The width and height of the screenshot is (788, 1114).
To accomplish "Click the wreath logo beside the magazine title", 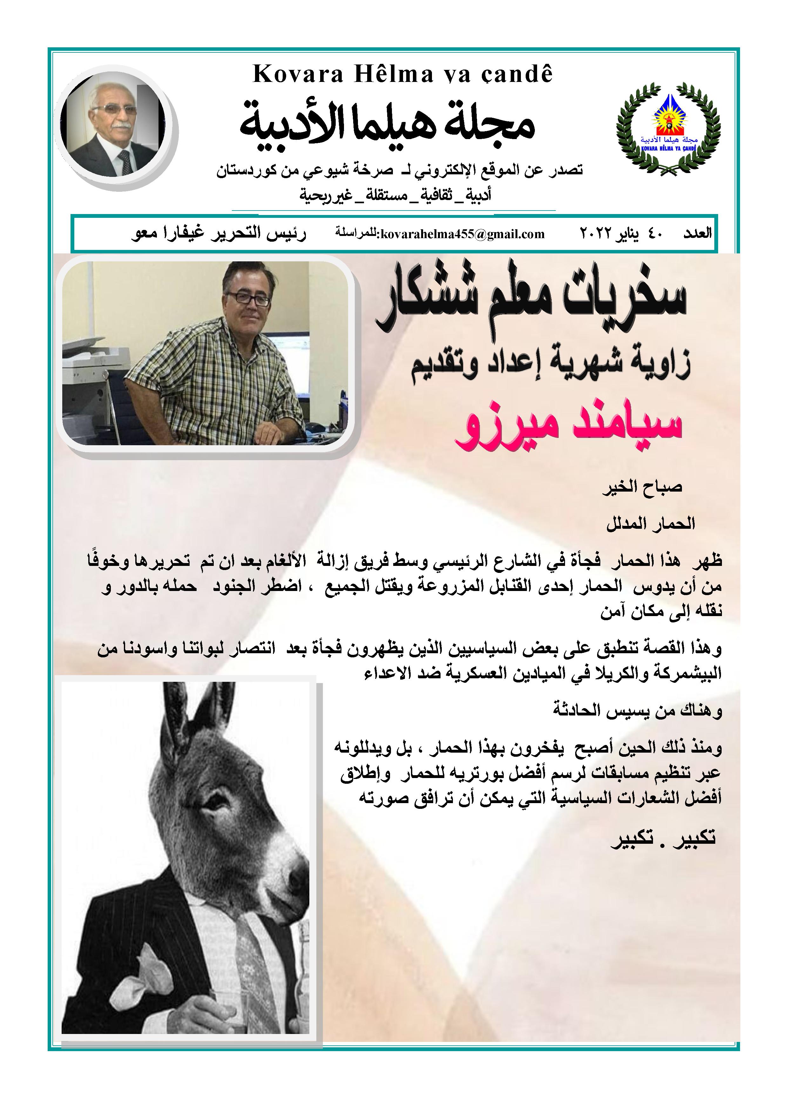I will click(668, 129).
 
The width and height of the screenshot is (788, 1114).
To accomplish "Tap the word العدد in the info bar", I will click(697, 233).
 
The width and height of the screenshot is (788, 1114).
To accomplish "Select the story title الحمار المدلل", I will click(650, 524).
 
